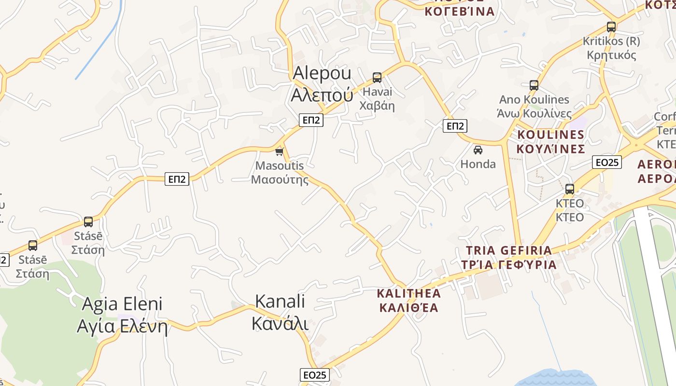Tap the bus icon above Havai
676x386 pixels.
pos(377,77)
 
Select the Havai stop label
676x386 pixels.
pos(377,98)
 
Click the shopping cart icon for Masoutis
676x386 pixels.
pos(279,152)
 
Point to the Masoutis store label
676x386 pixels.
pos(280,173)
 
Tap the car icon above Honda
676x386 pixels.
pos(478,150)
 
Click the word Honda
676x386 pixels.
pos(478,164)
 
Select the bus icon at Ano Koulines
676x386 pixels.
pos(534,85)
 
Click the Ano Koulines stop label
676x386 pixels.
pos(534,107)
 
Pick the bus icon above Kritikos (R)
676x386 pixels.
pos(611,27)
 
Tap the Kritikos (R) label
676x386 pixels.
pos(611,48)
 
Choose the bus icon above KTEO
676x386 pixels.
pos(570,189)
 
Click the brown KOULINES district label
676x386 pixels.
pos(551,141)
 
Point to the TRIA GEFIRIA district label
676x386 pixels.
pos(508,257)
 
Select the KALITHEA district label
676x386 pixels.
pos(409,300)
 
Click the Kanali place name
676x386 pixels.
pos(280,312)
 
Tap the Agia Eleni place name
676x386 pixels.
pos(122,315)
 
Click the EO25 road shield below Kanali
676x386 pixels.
pos(315,375)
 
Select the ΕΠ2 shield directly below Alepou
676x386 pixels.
pos(311,120)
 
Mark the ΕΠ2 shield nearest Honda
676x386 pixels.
pos(455,126)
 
